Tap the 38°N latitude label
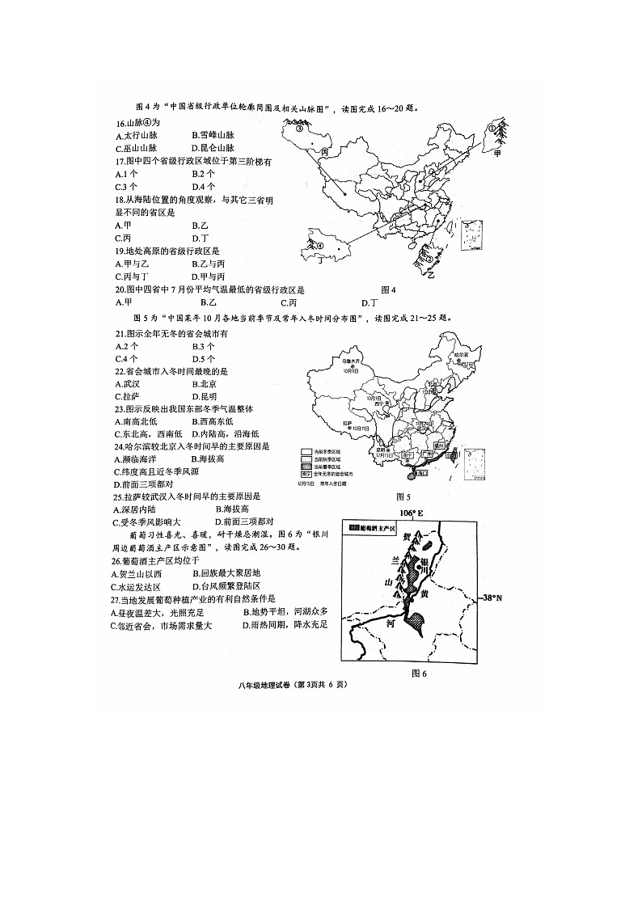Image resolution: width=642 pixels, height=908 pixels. tap(492, 598)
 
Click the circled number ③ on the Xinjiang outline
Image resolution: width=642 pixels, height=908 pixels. tap(298, 128)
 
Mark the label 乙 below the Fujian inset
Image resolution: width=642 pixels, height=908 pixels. tap(431, 275)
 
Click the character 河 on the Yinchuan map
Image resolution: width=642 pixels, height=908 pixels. tap(390, 623)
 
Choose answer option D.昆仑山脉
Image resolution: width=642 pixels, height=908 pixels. tap(213, 149)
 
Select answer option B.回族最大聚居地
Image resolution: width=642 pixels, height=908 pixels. tap(218, 573)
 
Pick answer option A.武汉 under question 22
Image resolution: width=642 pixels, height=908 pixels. tap(128, 384)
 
